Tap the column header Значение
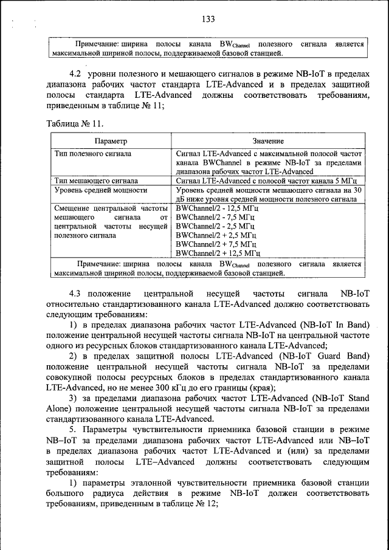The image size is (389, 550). point(269,141)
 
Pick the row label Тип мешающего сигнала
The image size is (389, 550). point(95,180)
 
